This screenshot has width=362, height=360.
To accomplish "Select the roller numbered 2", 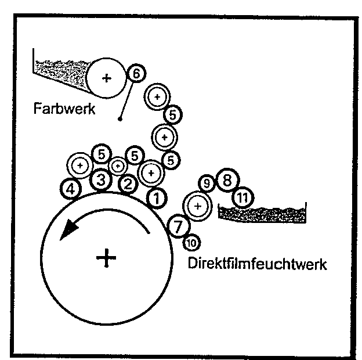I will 128,185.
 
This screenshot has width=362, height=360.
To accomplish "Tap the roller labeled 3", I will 101,181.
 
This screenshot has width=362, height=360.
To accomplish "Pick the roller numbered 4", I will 71,189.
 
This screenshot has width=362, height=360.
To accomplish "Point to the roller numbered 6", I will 136,73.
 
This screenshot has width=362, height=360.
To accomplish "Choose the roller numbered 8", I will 226,179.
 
